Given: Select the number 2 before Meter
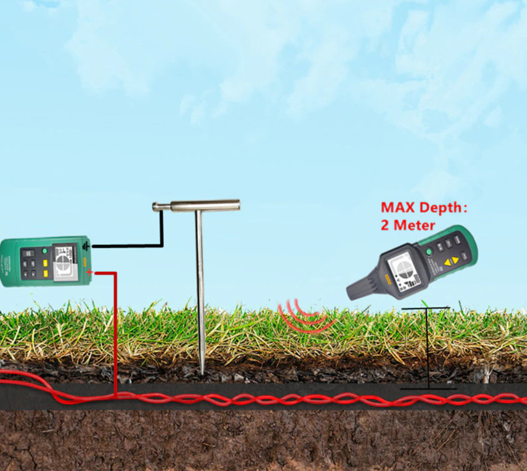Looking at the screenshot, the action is (x=385, y=225).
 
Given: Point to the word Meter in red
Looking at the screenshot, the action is (x=414, y=225).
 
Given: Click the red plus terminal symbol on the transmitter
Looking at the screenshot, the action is (x=89, y=273).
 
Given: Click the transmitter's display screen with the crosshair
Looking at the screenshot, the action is (x=65, y=262).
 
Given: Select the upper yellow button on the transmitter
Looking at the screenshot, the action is (x=46, y=262).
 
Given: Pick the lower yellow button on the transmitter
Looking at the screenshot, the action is (x=46, y=273).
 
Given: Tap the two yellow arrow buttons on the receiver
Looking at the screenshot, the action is (x=451, y=260).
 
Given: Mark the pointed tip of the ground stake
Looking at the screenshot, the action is (x=202, y=371).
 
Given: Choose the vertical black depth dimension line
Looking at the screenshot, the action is (x=427, y=348).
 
